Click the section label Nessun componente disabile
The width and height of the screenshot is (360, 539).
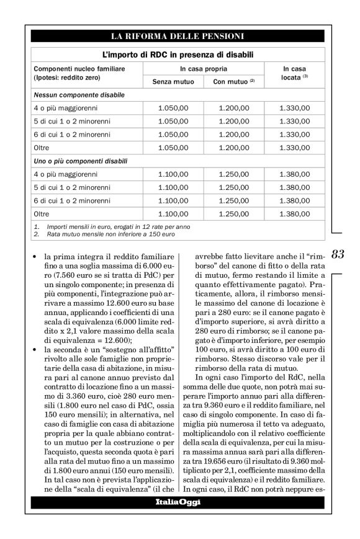pos(79,95)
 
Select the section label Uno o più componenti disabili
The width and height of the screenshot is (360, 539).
pos(83,161)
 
